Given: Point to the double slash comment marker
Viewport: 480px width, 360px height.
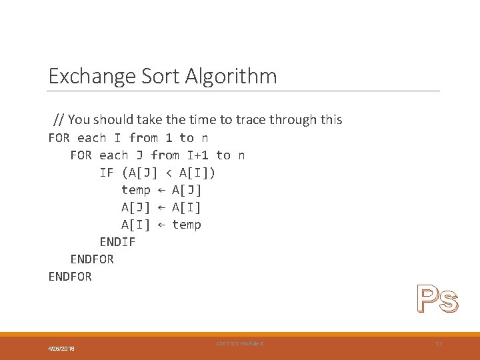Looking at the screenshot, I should click(x=59, y=120).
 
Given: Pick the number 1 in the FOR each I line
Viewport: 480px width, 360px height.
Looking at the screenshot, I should click(x=169, y=138).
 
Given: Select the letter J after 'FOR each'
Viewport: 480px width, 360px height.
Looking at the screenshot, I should click(x=139, y=155).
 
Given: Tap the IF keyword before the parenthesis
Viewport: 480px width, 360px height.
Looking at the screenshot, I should click(x=107, y=173).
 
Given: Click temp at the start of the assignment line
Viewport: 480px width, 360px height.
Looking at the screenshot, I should click(x=135, y=190).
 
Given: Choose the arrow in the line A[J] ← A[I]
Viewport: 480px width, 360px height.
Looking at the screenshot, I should click(x=161, y=207).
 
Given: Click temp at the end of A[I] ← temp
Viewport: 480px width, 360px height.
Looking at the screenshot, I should click(x=186, y=225).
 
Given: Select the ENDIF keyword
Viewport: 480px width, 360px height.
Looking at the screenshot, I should click(x=117, y=242).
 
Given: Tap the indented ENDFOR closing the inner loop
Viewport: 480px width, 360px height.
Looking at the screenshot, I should click(x=92, y=259).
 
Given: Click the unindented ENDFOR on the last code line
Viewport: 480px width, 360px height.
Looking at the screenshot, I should click(x=70, y=276).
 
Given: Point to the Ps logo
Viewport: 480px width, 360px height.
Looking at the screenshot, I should click(x=437, y=299).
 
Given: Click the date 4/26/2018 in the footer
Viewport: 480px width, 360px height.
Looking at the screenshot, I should click(x=61, y=349).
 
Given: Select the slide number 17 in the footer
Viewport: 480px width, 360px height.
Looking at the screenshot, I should click(x=438, y=343).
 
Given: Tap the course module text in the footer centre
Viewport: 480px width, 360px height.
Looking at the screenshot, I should click(x=240, y=343).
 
